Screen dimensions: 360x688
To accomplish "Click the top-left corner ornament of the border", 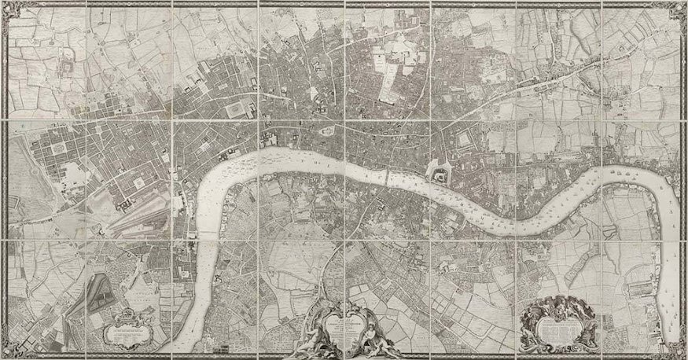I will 9,9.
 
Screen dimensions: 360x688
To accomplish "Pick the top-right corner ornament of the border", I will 679,9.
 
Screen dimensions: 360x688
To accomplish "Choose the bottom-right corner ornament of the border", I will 679,351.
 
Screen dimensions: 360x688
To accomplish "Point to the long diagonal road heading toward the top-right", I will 550,79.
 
